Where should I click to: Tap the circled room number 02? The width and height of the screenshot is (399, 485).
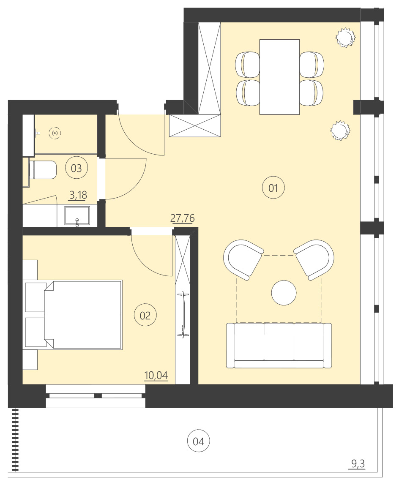pos(145,315)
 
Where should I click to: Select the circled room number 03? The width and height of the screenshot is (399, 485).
pos(76,168)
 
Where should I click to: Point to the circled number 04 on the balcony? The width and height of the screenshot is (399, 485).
pos(198,441)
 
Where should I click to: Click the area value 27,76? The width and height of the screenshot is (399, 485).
pos(182,218)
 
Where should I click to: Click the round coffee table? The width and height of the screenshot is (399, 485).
pos(284,293)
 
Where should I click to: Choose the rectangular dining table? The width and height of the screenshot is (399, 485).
pos(279,77)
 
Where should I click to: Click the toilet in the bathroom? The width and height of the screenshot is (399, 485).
pos(43,170)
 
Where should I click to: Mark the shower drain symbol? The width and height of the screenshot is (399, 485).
pos(55,133)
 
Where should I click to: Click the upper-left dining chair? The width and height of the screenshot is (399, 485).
pos(248,64)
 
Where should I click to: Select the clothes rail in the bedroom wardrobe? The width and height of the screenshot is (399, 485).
pos(183,314)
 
